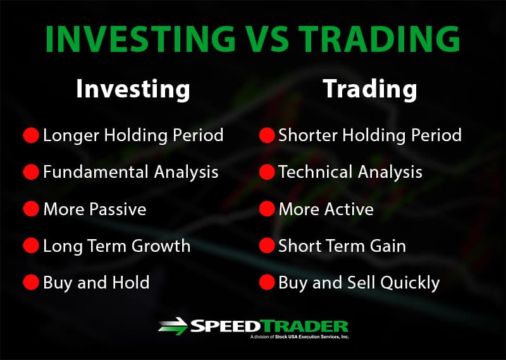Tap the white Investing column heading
tap(133, 90)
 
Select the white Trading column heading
tap(370, 89)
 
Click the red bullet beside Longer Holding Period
tap(31, 135)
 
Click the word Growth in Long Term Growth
tap(161, 245)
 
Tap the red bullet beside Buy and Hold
tap(31, 282)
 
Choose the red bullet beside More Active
tap(267, 209)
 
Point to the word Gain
tap(388, 245)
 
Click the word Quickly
tap(410, 283)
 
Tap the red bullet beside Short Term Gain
tap(267, 245)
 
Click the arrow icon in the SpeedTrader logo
tap(173, 326)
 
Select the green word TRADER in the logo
tap(304, 326)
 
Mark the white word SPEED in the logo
tap(225, 326)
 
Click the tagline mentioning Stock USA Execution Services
tap(299, 337)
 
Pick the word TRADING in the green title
tap(379, 38)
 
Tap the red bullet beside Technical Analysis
tap(267, 171)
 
